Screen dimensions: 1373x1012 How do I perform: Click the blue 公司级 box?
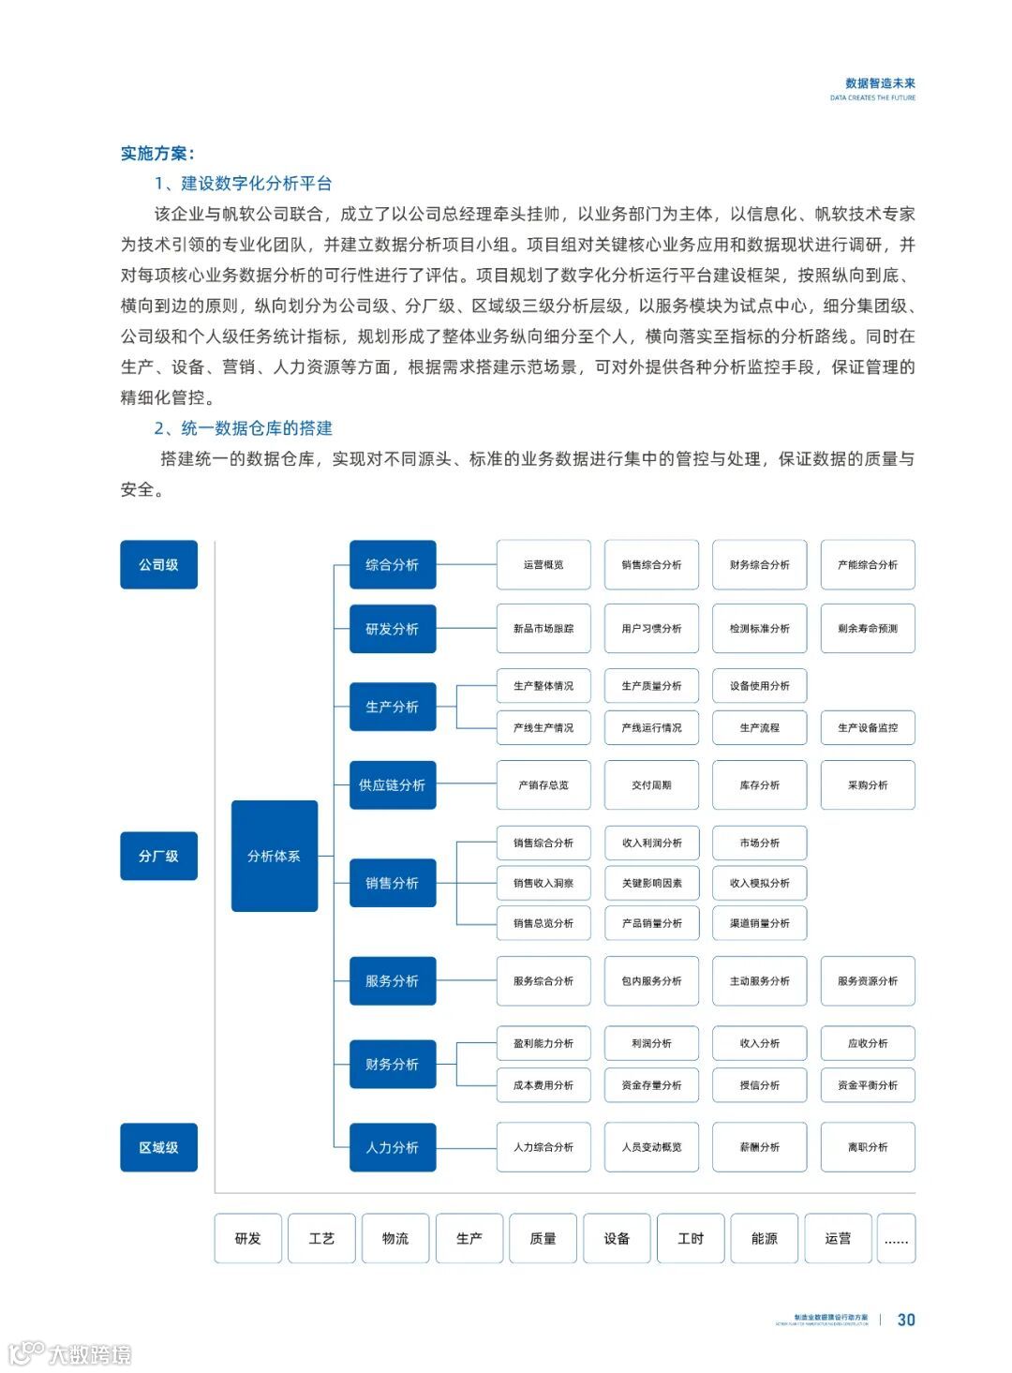[158, 564]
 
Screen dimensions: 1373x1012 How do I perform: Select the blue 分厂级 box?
[158, 856]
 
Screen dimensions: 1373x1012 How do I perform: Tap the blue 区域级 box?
[158, 1147]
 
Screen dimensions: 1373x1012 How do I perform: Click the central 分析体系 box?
[274, 856]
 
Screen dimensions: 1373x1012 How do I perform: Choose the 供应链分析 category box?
[393, 784]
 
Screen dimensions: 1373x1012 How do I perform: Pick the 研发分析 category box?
[393, 629]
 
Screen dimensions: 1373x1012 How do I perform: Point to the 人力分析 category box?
[393, 1147]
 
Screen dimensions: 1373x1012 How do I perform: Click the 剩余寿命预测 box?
[868, 629]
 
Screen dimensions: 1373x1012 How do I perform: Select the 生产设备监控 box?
[868, 727]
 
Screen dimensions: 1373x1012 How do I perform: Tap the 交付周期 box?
[651, 784]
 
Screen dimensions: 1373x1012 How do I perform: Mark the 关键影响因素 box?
[651, 883]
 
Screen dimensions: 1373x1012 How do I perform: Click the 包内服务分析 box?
[651, 980]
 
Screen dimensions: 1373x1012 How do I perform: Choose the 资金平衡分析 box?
[868, 1084]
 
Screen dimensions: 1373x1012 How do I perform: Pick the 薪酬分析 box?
[760, 1147]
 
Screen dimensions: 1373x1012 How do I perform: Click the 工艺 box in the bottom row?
[321, 1238]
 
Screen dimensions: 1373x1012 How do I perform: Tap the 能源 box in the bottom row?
[765, 1238]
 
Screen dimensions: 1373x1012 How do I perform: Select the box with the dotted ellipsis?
[896, 1238]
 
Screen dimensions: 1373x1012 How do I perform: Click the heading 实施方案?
[156, 154]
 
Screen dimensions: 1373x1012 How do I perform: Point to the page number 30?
[906, 1320]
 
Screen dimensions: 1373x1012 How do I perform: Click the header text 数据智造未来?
[880, 83]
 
